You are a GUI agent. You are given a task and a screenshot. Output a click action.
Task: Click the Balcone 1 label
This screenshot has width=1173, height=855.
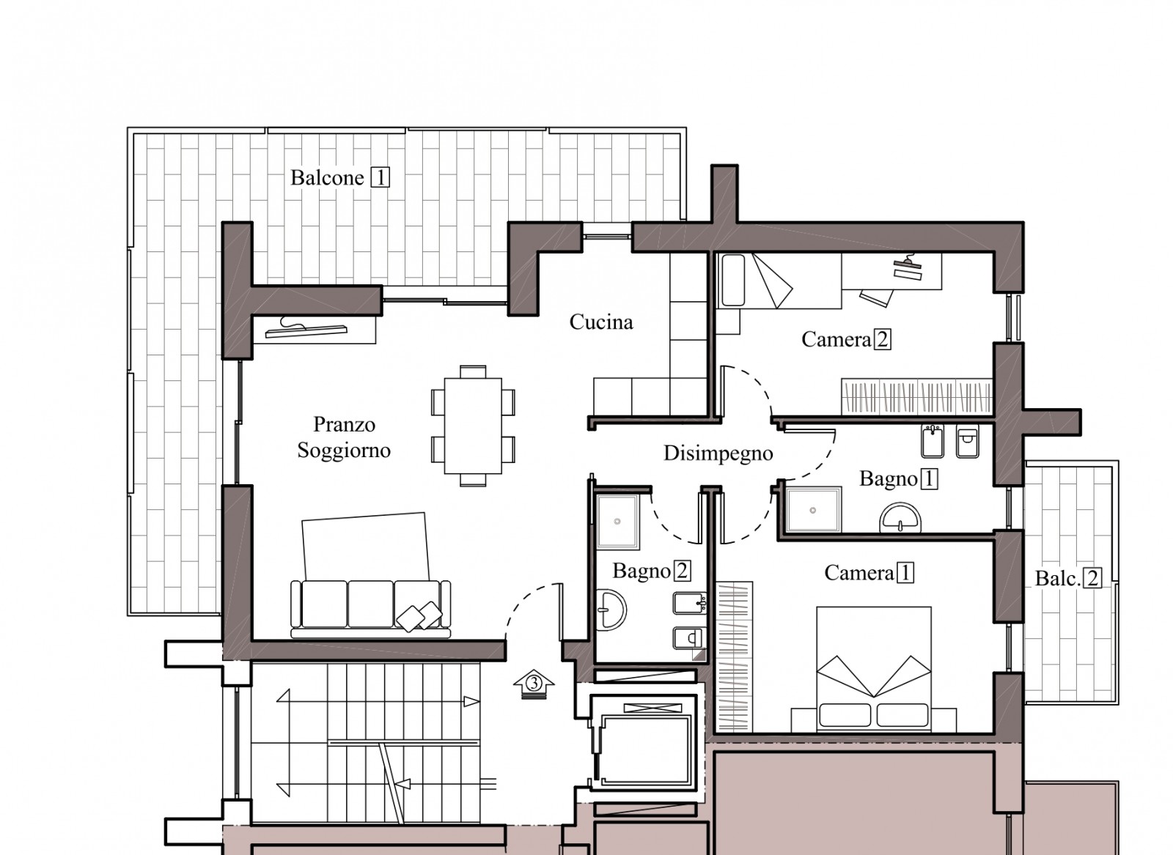point(340,178)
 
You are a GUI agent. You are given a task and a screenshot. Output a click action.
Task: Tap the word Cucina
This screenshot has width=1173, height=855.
point(601,322)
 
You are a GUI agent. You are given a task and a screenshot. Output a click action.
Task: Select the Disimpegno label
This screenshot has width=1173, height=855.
point(718,454)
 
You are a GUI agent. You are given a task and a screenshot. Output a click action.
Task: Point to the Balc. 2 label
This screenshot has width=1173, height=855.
point(1068,578)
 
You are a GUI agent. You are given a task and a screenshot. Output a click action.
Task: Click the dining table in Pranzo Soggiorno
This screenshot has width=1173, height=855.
point(473,426)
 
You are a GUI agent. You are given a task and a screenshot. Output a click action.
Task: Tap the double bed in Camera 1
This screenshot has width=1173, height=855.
point(873,669)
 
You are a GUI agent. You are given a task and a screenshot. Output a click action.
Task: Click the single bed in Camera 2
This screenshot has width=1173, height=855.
point(779,281)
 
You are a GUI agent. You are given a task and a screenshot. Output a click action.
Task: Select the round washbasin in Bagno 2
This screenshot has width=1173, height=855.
point(611,610)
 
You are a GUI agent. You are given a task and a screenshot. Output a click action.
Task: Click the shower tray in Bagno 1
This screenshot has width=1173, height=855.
point(813,510)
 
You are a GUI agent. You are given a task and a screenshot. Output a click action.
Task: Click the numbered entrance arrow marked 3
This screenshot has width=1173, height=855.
point(534,684)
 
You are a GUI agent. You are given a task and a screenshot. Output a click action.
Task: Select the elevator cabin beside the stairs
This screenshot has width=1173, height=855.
point(645,750)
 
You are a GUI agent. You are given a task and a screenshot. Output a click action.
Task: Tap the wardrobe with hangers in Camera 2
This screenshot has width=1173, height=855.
point(916,396)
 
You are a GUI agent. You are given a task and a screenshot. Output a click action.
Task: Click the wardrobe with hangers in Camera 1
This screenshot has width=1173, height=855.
point(734,656)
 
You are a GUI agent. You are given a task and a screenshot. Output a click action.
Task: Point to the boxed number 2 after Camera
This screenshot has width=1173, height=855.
point(883,340)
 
